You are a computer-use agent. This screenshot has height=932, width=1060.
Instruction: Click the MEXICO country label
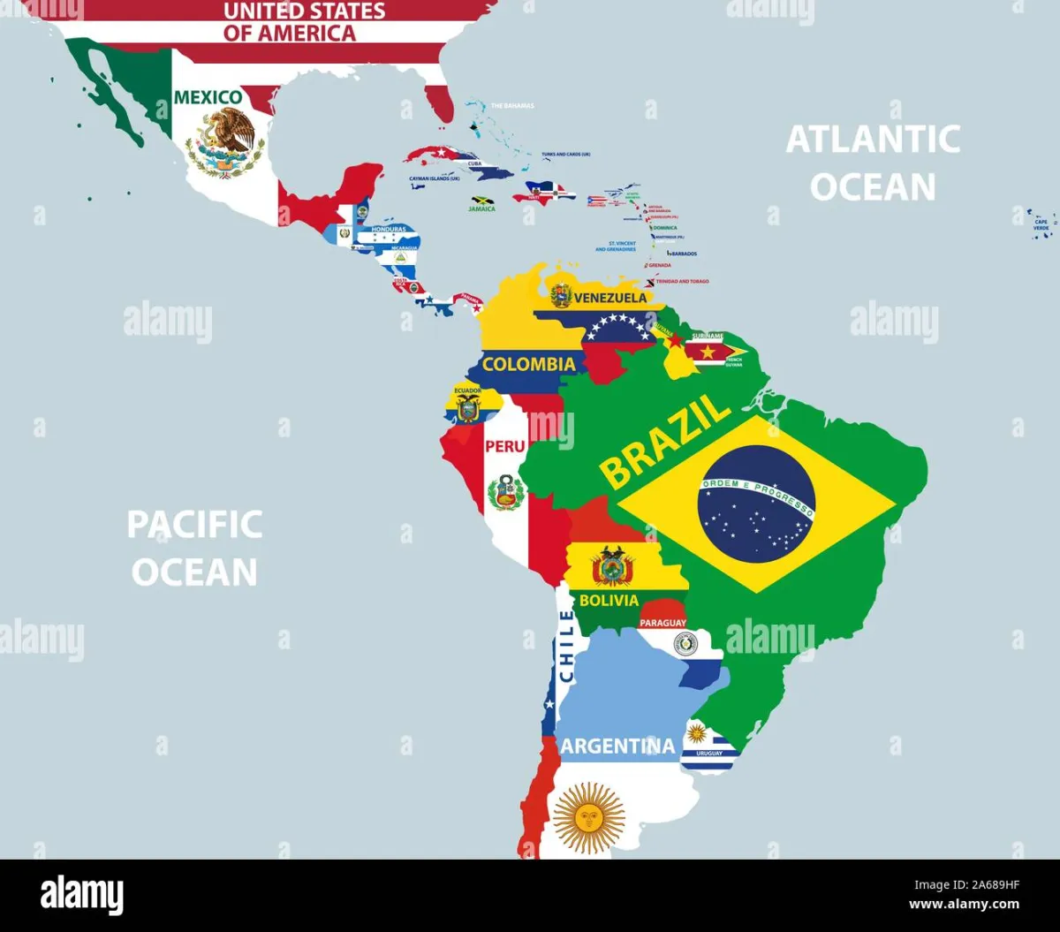tap(208, 96)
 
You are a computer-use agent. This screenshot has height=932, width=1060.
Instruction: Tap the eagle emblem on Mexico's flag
tap(226, 141)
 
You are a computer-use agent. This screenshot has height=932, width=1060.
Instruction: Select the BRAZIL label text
tap(665, 442)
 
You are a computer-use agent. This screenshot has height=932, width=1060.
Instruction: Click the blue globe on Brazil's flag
tap(756, 504)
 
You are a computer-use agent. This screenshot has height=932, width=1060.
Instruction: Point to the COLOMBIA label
tap(529, 364)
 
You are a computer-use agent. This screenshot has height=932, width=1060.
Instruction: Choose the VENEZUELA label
tap(610, 298)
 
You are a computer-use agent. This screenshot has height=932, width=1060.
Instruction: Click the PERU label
tap(504, 446)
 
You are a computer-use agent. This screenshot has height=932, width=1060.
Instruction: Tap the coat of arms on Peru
tap(506, 491)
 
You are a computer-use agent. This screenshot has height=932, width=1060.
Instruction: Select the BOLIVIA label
tap(609, 601)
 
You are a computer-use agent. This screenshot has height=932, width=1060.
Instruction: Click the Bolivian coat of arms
tap(612, 566)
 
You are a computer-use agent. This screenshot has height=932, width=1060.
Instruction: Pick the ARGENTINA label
tap(617, 746)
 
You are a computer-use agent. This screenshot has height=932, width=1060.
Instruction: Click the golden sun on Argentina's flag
tap(588, 818)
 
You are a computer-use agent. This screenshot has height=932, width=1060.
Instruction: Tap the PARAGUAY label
tap(662, 623)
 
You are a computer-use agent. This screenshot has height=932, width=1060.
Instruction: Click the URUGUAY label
tap(708, 753)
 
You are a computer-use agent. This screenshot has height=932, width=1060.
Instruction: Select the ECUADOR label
tap(467, 389)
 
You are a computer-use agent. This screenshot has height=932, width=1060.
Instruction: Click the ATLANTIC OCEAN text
tap(873, 163)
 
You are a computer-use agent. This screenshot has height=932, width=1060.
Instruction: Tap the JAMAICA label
tap(481, 209)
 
